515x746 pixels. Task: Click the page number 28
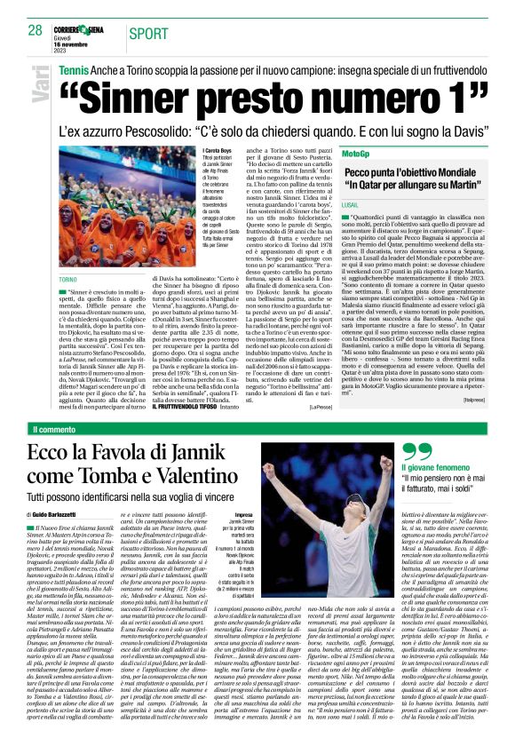click(35, 30)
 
